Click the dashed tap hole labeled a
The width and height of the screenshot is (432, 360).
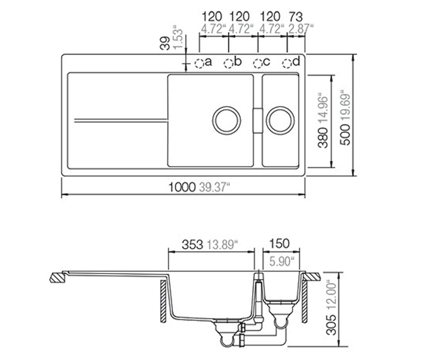(199, 63)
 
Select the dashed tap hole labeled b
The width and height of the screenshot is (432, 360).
(228, 63)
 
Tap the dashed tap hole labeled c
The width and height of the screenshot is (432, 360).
(258, 63)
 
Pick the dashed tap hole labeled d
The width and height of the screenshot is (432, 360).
(287, 63)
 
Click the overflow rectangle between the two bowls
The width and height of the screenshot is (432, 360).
(258, 120)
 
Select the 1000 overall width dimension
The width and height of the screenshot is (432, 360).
(182, 188)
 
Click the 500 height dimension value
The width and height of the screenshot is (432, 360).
(345, 135)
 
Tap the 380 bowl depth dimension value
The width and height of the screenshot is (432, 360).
(323, 138)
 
